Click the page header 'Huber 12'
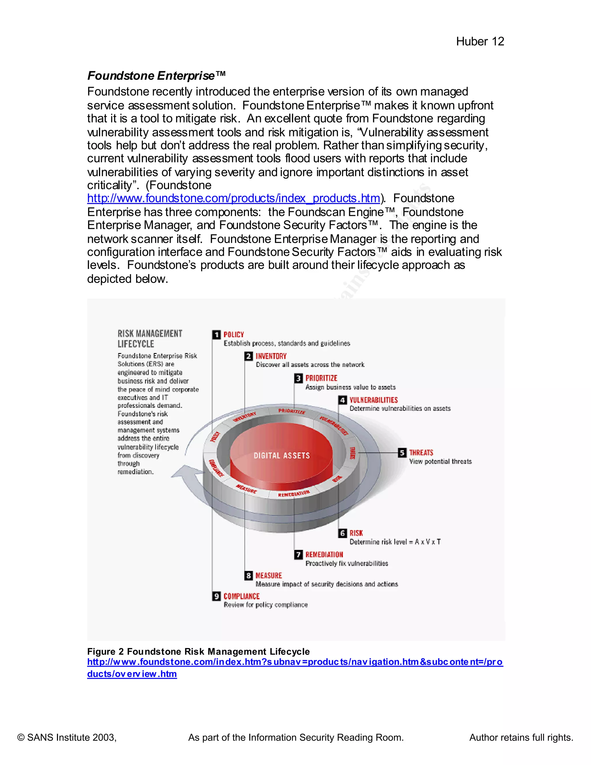[480, 42]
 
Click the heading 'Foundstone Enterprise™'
[156, 76]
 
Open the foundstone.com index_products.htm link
[233, 199]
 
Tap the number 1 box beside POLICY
[216, 335]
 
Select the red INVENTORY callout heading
[271, 356]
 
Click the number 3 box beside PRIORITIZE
[298, 378]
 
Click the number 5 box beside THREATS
[402, 453]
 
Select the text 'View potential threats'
[440, 462]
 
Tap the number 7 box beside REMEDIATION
[298, 555]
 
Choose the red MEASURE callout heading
[269, 576]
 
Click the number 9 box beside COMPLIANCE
[216, 596]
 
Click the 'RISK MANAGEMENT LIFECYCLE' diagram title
[149, 338]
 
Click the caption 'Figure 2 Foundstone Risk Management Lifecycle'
[198, 652]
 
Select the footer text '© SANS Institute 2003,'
[67, 737]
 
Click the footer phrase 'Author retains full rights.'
[521, 737]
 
